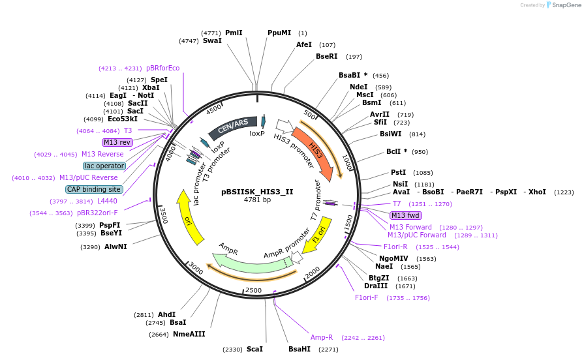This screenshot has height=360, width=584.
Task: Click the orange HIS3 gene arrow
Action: point(315,151)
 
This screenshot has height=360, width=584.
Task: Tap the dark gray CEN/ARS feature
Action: point(233,127)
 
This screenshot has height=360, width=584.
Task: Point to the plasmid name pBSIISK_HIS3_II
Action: point(257,192)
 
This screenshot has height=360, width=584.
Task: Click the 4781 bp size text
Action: point(257,200)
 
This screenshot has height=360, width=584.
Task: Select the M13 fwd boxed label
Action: point(406,215)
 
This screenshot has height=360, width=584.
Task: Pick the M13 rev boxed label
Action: point(117,142)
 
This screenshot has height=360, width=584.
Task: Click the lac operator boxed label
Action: point(104,166)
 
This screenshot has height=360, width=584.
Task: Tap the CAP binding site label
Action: point(94,189)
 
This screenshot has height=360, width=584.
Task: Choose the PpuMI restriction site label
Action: point(279,33)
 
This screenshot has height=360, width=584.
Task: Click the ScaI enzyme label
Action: point(254,349)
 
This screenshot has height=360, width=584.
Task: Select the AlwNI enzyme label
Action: point(115,247)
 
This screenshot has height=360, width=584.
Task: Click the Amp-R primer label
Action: point(322,337)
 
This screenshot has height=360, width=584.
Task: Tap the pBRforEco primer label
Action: point(162,68)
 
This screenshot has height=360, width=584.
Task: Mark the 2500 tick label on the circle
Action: point(254,290)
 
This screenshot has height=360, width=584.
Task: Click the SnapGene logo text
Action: point(566,5)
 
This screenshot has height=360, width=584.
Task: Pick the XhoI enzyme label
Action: point(537,192)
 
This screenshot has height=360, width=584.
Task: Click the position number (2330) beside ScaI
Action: point(232,349)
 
